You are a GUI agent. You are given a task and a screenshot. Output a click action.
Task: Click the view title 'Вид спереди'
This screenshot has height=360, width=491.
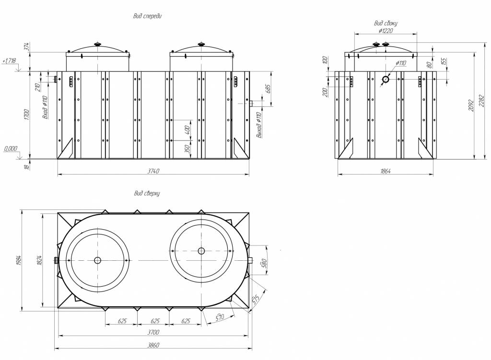(148, 16)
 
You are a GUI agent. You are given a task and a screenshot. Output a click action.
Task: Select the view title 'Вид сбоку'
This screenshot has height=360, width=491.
(386, 23)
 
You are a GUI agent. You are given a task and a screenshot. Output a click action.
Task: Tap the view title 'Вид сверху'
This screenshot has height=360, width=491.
(147, 193)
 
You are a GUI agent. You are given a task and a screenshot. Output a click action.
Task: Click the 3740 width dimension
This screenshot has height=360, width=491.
(153, 171)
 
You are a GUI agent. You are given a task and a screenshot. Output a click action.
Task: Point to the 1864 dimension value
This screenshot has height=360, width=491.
(385, 171)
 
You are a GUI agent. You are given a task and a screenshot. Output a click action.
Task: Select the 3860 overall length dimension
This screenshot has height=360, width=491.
(153, 345)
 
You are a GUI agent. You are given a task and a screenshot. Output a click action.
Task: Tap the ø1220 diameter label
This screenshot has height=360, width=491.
(386, 31)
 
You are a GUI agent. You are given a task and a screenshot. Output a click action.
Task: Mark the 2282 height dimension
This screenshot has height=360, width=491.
(482, 101)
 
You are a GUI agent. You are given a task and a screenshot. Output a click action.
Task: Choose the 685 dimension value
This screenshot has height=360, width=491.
(269, 89)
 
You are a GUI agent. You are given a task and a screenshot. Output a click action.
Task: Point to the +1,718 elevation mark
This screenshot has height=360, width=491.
(9, 61)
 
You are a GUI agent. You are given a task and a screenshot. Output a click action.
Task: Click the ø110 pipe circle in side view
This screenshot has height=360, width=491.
(386, 79)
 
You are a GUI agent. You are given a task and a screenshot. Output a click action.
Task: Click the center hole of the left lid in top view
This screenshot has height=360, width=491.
(97, 260)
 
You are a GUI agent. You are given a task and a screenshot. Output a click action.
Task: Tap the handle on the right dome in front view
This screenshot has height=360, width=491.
(201, 45)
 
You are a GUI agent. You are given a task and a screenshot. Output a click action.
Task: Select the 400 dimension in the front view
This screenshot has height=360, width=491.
(188, 129)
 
